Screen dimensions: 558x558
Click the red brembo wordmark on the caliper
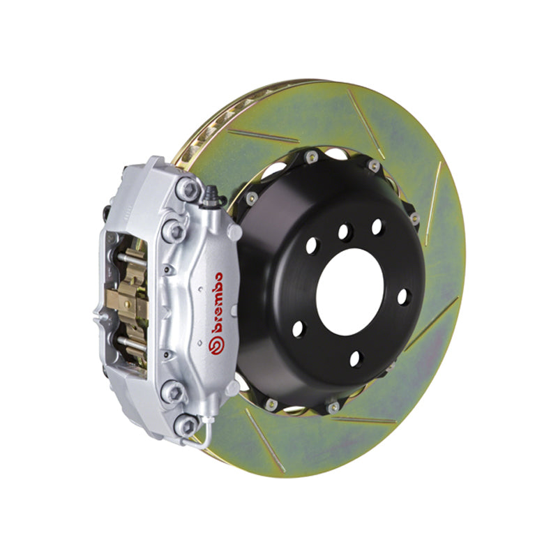(213, 307)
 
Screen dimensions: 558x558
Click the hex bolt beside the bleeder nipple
(186, 187)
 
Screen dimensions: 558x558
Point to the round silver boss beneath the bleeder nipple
(234, 231)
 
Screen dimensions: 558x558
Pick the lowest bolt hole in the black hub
(356, 359)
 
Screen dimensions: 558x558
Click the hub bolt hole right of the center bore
(402, 296)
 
